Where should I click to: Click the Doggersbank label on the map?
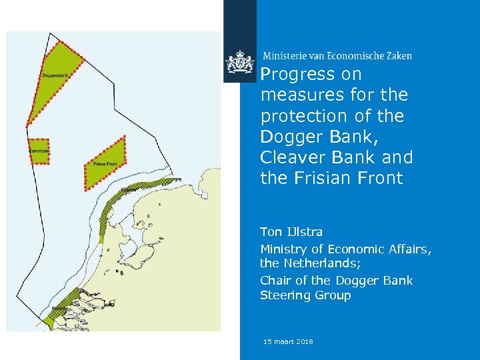54,75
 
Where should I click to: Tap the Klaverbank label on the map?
39,151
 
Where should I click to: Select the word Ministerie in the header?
286,56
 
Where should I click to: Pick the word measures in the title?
294,95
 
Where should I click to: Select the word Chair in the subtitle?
275,281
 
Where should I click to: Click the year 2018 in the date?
303,342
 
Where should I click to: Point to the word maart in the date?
282,342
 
